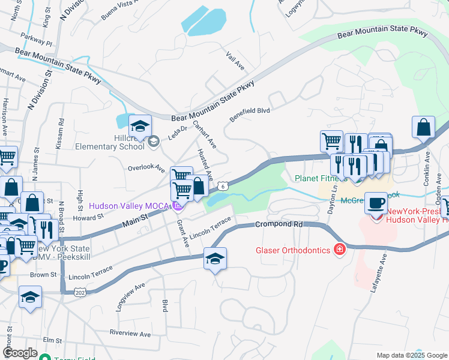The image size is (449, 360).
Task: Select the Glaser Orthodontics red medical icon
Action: [340, 249]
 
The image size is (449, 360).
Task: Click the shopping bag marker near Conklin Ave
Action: [423, 128]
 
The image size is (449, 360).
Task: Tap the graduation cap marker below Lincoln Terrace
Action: [215, 259]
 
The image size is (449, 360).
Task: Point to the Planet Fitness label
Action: [321, 178]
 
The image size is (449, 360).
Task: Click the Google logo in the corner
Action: [20, 353]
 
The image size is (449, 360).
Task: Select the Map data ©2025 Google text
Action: [411, 355]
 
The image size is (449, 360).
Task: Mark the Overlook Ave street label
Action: [146, 169]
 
